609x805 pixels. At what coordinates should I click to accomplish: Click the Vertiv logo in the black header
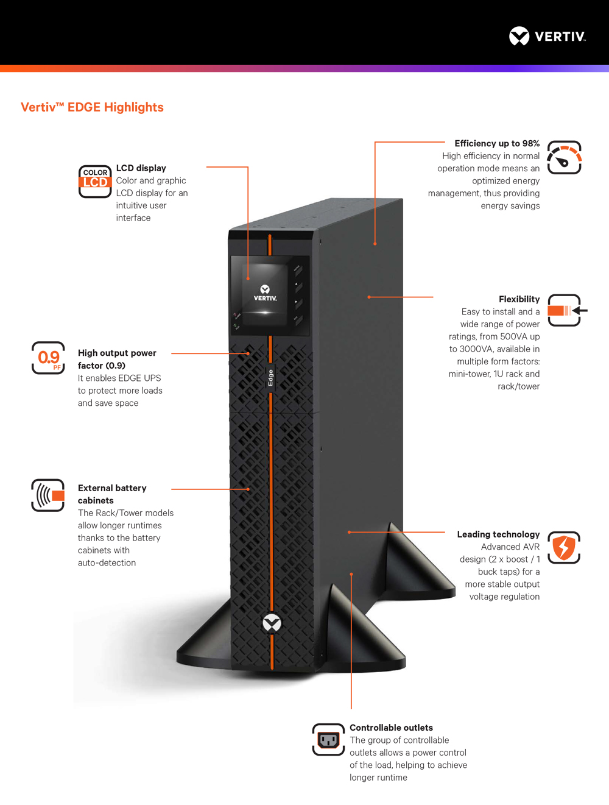(x=547, y=36)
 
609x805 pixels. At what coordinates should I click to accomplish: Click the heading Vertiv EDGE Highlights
(x=92, y=107)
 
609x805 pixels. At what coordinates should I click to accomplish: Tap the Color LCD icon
(x=95, y=181)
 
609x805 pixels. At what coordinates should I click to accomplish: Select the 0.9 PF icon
(x=48, y=358)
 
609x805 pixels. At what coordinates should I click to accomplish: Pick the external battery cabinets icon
(x=48, y=495)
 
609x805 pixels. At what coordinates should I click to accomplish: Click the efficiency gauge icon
(x=564, y=157)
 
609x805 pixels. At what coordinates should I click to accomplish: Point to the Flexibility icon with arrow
(x=567, y=310)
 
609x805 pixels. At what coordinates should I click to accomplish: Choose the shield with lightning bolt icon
(x=563, y=548)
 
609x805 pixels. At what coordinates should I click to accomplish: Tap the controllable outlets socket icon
(x=328, y=739)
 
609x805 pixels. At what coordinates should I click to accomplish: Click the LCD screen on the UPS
(x=264, y=294)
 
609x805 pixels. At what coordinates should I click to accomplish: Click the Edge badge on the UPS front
(x=270, y=378)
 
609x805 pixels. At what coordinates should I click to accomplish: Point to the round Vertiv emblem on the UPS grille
(x=272, y=623)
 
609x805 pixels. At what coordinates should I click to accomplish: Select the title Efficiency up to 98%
(x=497, y=143)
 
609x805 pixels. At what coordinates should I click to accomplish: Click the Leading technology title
(x=498, y=534)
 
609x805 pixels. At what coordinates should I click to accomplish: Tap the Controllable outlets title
(x=391, y=728)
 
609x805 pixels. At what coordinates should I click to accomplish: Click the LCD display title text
(x=141, y=168)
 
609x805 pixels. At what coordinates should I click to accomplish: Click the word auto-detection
(x=107, y=562)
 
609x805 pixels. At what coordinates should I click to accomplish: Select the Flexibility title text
(x=519, y=299)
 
